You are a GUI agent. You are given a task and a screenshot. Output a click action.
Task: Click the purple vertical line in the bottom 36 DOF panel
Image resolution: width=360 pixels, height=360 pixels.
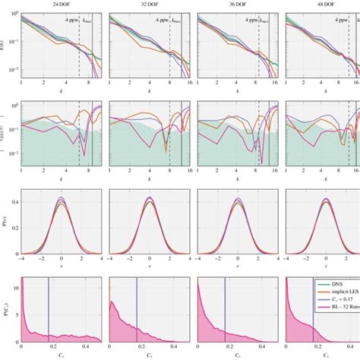(225, 311)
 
